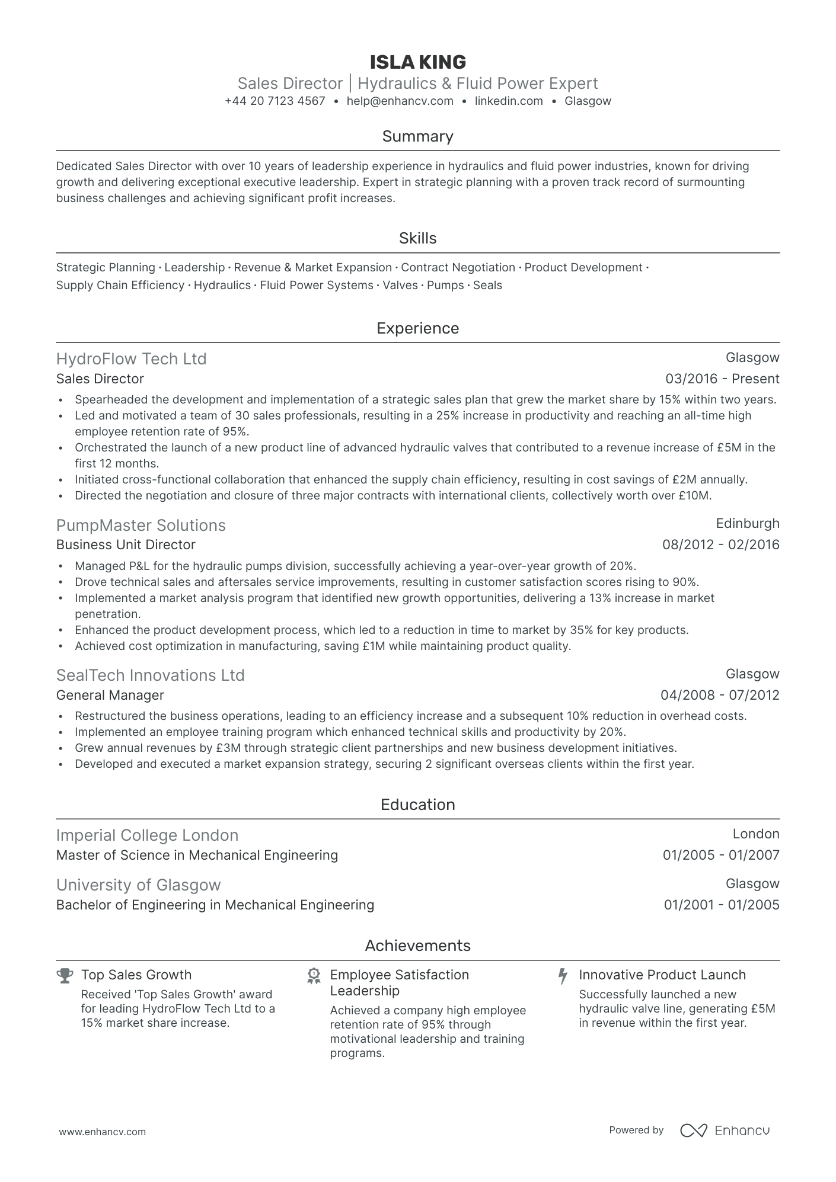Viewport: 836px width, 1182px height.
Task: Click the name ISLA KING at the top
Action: coord(417,62)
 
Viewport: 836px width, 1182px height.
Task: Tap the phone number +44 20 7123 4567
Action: coord(275,101)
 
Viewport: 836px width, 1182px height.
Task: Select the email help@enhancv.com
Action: coord(400,101)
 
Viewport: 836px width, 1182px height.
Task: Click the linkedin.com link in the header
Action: coord(509,101)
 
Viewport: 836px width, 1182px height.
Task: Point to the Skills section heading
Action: coord(417,238)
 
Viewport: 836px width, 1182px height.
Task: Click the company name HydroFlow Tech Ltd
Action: coord(131,359)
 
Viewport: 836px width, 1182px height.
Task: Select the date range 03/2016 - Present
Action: coord(722,379)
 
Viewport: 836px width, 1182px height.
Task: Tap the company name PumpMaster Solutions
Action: coord(141,526)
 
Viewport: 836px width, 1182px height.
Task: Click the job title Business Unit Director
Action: coord(126,545)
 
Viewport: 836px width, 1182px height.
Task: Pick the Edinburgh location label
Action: coord(747,524)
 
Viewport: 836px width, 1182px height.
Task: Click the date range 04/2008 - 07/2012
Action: coord(720,696)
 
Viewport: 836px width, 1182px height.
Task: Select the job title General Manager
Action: coord(110,696)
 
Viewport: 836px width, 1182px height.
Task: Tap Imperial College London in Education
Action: coord(147,835)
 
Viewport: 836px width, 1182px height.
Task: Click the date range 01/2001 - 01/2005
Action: coord(721,905)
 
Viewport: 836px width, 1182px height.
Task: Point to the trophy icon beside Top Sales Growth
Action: coord(65,975)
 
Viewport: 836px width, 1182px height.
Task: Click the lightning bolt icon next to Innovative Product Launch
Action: coord(563,976)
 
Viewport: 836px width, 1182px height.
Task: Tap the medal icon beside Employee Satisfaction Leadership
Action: coord(314,976)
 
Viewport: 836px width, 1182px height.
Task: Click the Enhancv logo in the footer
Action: coord(725,1130)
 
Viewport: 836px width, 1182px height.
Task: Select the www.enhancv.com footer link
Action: coord(102,1132)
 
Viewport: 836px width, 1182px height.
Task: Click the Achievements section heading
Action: coord(417,946)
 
